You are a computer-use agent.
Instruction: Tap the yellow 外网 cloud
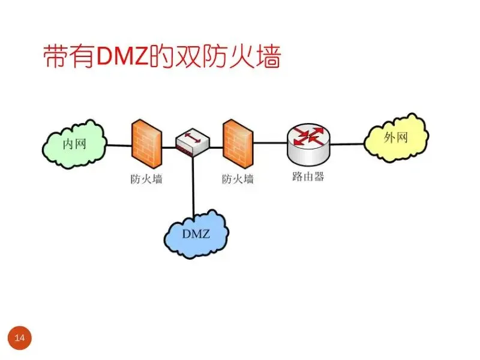coord(397,137)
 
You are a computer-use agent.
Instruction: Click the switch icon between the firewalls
coord(192,143)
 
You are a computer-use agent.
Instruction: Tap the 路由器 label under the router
coord(308,178)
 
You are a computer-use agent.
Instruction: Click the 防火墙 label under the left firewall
coord(146,179)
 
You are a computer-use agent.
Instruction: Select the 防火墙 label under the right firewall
coord(238,179)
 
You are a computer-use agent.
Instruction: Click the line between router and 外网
coord(347,144)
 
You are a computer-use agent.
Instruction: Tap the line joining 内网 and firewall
coord(119,145)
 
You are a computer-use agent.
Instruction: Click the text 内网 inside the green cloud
coord(75,143)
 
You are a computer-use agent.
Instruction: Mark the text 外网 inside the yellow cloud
coord(396,137)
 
